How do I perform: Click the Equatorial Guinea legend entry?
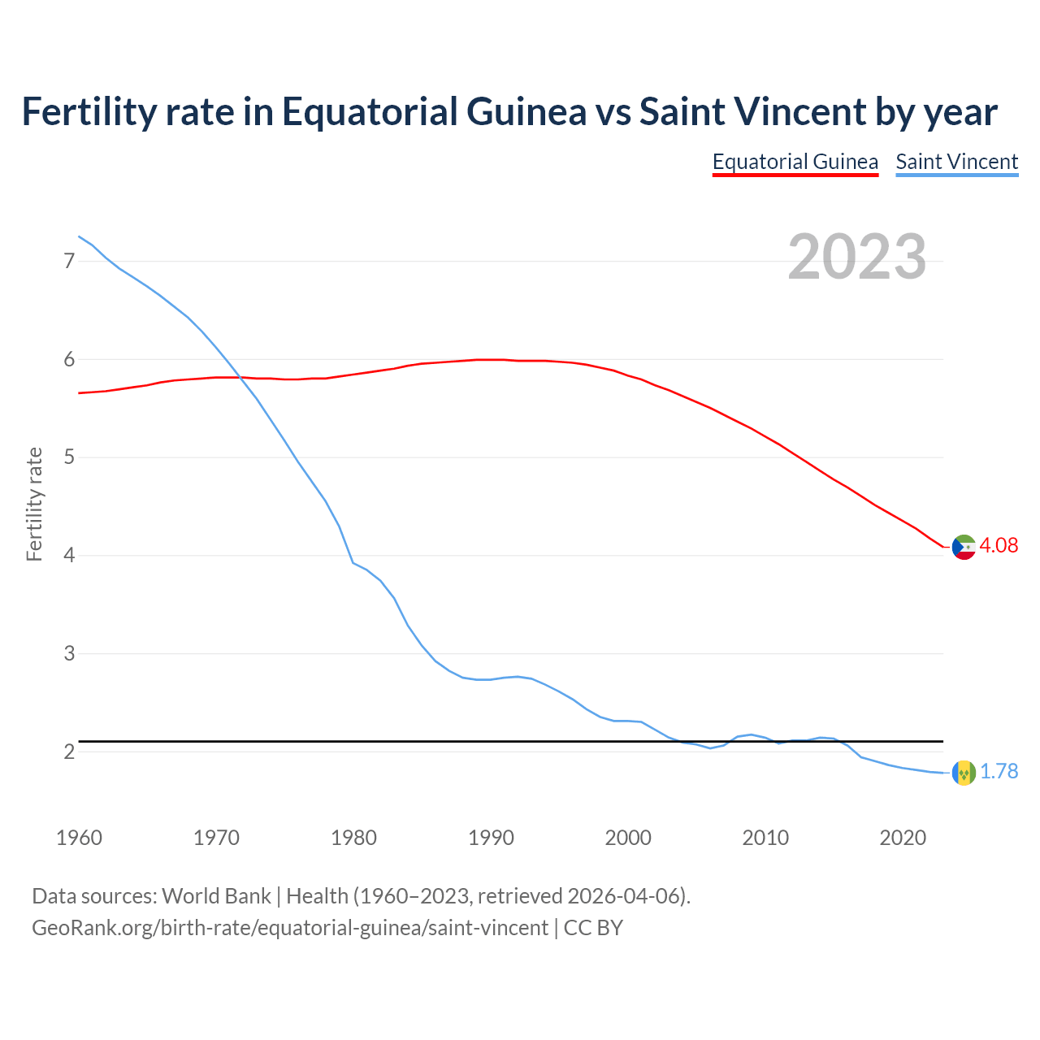(x=795, y=162)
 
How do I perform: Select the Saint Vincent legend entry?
(x=956, y=162)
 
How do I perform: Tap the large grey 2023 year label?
(x=857, y=257)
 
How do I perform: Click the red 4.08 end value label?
(x=999, y=545)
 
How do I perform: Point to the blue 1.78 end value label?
(x=999, y=771)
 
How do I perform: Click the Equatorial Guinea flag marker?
(x=964, y=547)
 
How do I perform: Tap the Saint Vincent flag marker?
(x=964, y=773)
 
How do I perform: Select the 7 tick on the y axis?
(x=69, y=261)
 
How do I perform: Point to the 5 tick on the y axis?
(x=69, y=457)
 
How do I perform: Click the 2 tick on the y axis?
(x=69, y=752)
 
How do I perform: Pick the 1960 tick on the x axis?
(x=79, y=838)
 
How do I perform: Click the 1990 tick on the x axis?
(x=491, y=838)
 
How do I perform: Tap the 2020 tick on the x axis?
(x=903, y=838)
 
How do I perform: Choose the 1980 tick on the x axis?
(x=353, y=838)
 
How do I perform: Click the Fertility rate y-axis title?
(x=34, y=504)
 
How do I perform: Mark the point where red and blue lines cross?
(x=240, y=377)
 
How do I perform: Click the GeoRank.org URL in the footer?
(x=290, y=927)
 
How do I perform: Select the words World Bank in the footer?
(x=216, y=895)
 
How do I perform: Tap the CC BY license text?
(x=593, y=927)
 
